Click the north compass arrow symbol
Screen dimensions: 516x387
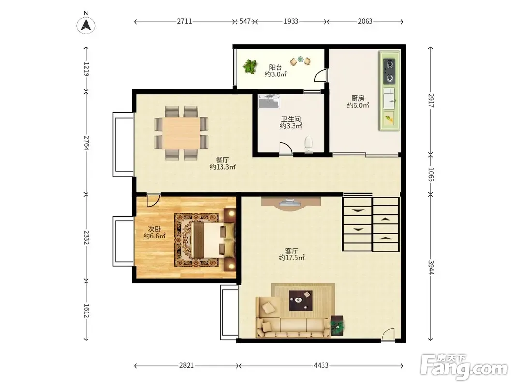pyautogui.click(x=86, y=25)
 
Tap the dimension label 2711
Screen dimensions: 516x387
pyautogui.click(x=184, y=21)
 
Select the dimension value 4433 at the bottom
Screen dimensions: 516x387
pyautogui.click(x=321, y=365)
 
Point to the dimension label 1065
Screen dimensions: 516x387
pyautogui.click(x=431, y=175)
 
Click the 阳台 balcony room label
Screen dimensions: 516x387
pyautogui.click(x=276, y=67)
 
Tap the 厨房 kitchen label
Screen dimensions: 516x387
pyautogui.click(x=358, y=98)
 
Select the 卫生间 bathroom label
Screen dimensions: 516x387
pyautogui.click(x=291, y=119)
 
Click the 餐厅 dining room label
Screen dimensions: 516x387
pyautogui.click(x=222, y=160)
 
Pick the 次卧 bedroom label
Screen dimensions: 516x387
pyautogui.click(x=154, y=229)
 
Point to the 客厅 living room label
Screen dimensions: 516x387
pyautogui.click(x=292, y=251)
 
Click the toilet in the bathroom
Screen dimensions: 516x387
pyautogui.click(x=309, y=145)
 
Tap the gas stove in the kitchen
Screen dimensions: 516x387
pyautogui.click(x=390, y=71)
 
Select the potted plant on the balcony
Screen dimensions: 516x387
pyautogui.click(x=251, y=66)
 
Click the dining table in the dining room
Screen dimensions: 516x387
pyautogui.click(x=181, y=133)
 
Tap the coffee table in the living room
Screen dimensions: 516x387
pyautogui.click(x=301, y=300)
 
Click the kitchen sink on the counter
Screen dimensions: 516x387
pyautogui.click(x=389, y=98)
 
